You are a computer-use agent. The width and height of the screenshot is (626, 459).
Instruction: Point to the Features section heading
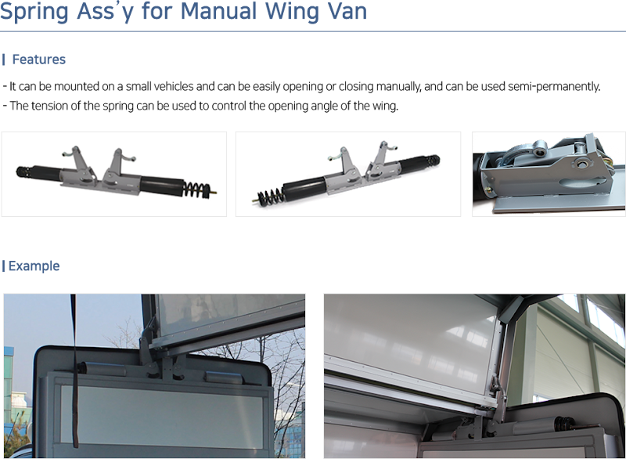(38, 60)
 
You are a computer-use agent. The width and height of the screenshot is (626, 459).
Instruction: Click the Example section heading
(34, 266)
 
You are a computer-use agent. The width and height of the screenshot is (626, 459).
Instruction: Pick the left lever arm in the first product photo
(74, 161)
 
